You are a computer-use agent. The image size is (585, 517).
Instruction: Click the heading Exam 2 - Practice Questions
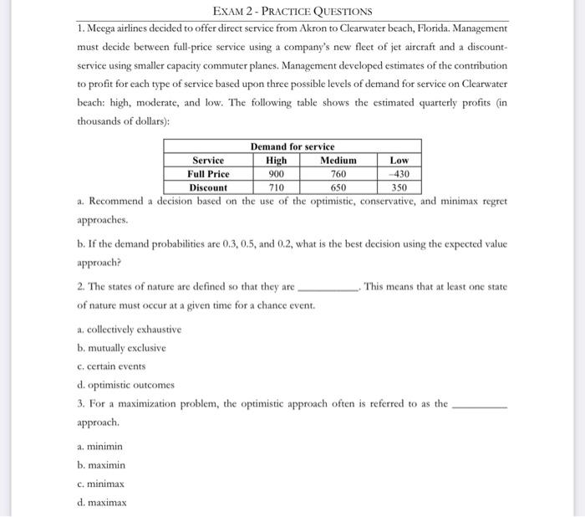(292, 12)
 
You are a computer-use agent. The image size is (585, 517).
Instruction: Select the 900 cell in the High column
(276, 174)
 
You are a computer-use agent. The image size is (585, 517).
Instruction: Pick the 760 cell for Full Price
(338, 174)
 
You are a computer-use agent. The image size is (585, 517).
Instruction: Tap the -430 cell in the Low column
(399, 174)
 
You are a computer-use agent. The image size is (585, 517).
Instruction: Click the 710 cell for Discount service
(276, 187)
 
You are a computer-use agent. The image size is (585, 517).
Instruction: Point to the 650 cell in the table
(338, 187)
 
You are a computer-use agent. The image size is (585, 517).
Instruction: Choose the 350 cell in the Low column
(399, 187)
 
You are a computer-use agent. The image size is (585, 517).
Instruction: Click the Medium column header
(338, 161)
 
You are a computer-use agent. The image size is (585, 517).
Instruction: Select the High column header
(276, 161)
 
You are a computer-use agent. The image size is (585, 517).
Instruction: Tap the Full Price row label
(208, 174)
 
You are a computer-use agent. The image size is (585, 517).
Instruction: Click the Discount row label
(208, 187)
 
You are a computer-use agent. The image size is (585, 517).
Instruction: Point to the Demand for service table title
(292, 147)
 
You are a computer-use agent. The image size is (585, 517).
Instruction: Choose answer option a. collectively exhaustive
(122, 330)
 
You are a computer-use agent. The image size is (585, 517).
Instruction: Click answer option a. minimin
(99, 447)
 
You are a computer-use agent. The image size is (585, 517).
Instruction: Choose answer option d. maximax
(101, 502)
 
